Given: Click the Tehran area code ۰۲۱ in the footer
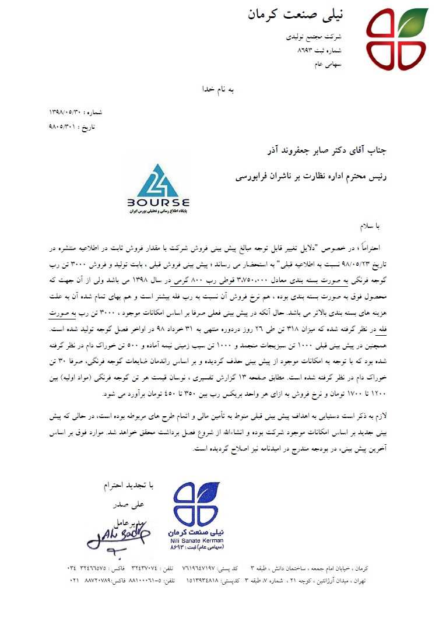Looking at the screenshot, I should (x=75, y=581).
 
